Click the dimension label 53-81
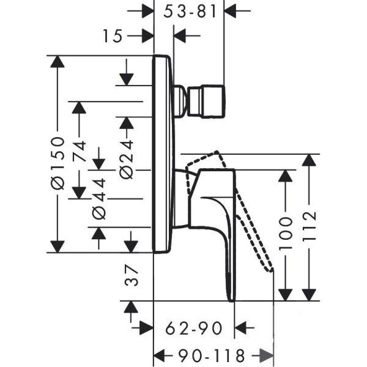pos(190,11)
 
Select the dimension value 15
pos(113,36)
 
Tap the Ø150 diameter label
pos(57,163)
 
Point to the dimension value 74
pos(79,151)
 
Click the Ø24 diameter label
pos(127,160)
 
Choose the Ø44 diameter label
pos(99,199)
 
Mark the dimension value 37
pos(131,275)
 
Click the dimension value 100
pos(285,232)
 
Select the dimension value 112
pos(309,226)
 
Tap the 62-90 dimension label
pos(193,328)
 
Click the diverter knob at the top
pos(206,101)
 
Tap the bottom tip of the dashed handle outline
pos(271,270)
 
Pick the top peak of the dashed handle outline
pos(217,152)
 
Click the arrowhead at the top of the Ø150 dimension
pos(57,62)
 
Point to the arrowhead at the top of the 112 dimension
pos(309,160)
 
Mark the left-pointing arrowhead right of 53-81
pos(231,11)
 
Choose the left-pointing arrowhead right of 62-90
pos(240,328)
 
